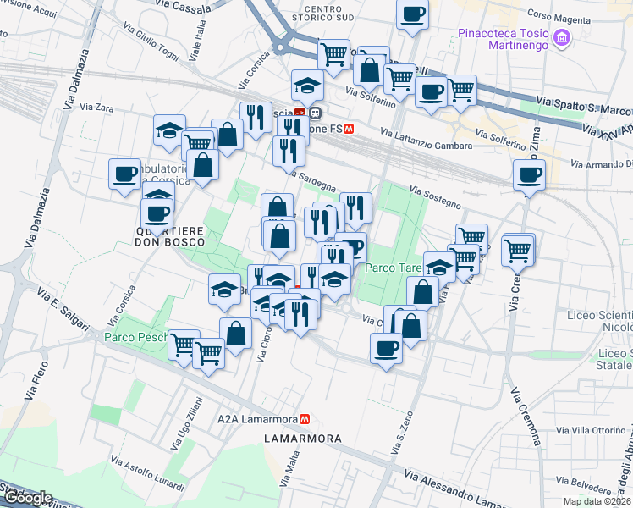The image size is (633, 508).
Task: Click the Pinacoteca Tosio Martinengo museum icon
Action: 563,38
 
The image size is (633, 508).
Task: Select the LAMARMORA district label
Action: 302,439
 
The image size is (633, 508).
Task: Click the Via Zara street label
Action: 96,108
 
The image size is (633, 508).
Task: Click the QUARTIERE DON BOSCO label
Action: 165,236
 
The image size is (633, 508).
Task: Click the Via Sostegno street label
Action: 435,198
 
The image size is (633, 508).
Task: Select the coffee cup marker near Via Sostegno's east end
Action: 530,176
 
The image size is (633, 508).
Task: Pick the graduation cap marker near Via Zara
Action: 170,130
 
